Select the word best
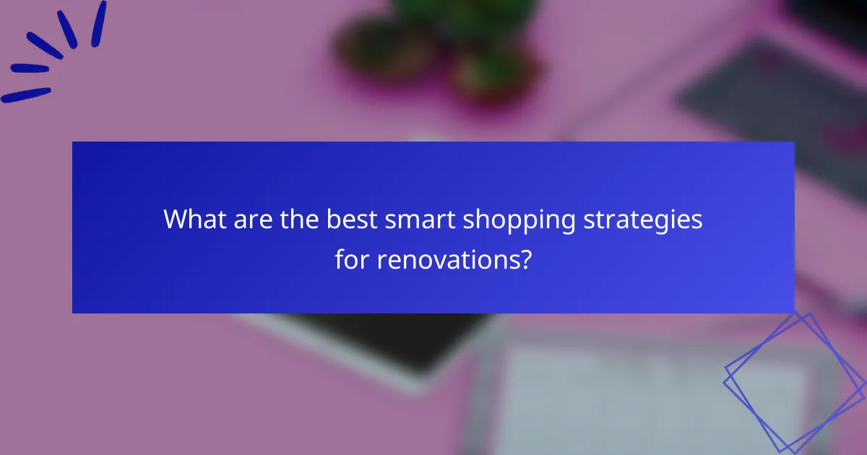point(352,220)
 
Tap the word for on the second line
point(351,259)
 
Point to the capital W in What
point(176,220)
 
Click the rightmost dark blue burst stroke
point(98,23)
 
